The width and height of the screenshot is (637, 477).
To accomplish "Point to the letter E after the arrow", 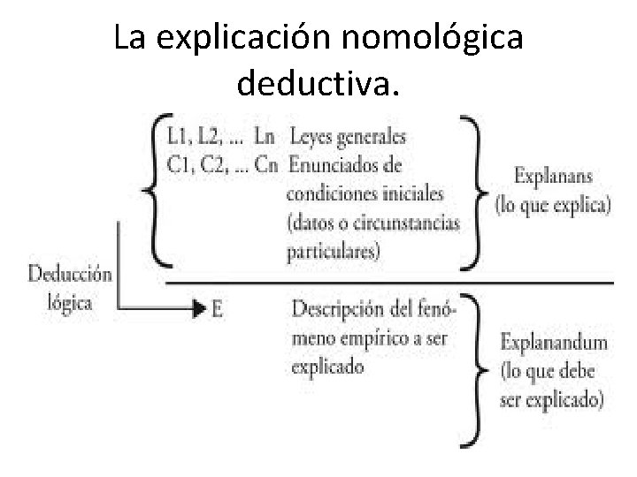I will coord(218,308).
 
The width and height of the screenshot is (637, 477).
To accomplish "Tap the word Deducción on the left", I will coord(69,275).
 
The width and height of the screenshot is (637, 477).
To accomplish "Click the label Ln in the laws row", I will coord(263,138).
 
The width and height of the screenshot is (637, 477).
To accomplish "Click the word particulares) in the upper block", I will coord(334,252).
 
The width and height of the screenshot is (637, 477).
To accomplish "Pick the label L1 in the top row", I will coord(178,138).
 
